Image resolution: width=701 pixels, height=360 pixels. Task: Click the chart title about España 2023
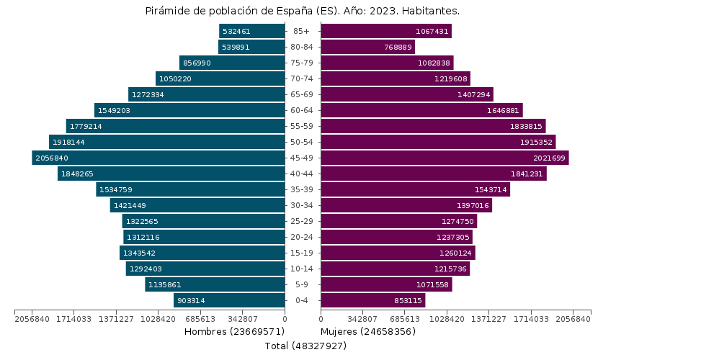tap(303, 11)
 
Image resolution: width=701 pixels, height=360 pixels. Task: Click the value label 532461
tap(236, 31)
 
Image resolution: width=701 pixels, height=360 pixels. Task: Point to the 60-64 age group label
tap(302, 110)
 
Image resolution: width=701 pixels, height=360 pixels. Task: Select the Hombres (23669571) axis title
tap(234, 331)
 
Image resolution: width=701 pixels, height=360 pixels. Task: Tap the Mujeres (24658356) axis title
tap(368, 331)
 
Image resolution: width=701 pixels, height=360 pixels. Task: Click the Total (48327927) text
tap(305, 346)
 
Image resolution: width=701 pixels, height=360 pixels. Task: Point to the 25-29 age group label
tap(302, 221)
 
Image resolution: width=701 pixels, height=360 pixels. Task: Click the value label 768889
tap(398, 47)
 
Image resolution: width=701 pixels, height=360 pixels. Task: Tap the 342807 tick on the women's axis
tap(363, 319)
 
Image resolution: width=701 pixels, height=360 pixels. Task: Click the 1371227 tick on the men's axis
tap(116, 319)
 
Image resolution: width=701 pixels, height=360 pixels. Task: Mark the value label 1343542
tap(139, 253)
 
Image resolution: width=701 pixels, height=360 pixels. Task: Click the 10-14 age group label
tap(302, 269)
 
